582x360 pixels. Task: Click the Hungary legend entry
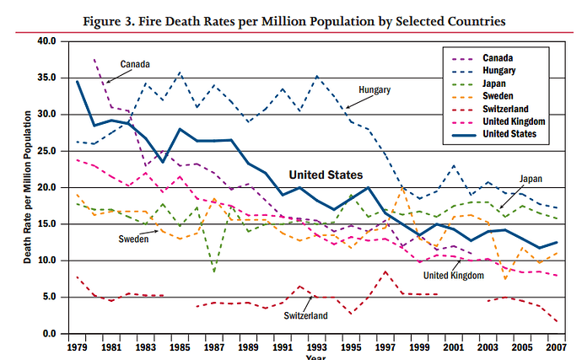click(499, 71)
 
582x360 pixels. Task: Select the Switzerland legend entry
click(505, 109)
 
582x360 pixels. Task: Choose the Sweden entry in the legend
click(498, 96)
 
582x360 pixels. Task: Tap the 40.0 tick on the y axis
click(46, 40)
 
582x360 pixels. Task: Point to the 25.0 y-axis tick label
click(46, 151)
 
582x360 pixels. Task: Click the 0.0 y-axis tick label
click(49, 334)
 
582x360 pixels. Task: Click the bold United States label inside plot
click(326, 175)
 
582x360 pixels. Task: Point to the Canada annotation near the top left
click(136, 64)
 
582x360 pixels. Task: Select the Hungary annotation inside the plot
click(375, 89)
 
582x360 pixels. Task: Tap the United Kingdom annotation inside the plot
click(454, 275)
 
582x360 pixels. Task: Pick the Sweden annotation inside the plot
click(133, 239)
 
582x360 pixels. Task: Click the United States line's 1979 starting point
click(78, 82)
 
